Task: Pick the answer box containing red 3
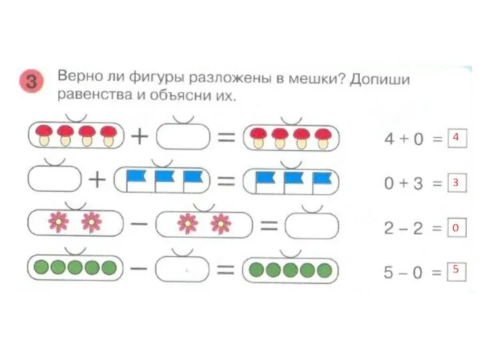click(455, 183)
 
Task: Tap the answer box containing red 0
click(456, 229)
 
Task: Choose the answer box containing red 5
click(456, 271)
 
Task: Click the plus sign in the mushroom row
click(139, 137)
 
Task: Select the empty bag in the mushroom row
click(183, 137)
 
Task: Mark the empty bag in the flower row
click(311, 225)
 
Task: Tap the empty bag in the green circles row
click(183, 269)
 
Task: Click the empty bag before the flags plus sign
click(54, 179)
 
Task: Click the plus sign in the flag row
click(97, 180)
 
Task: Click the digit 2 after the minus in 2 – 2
click(418, 229)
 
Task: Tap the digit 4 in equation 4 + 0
click(390, 139)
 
